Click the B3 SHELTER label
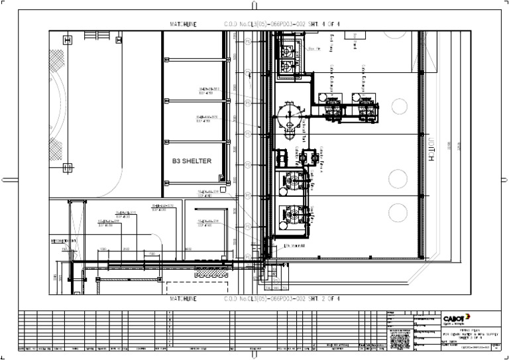pyautogui.click(x=192, y=161)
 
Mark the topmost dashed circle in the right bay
pyautogui.click(x=398, y=105)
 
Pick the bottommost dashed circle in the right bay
pyautogui.click(x=398, y=212)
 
